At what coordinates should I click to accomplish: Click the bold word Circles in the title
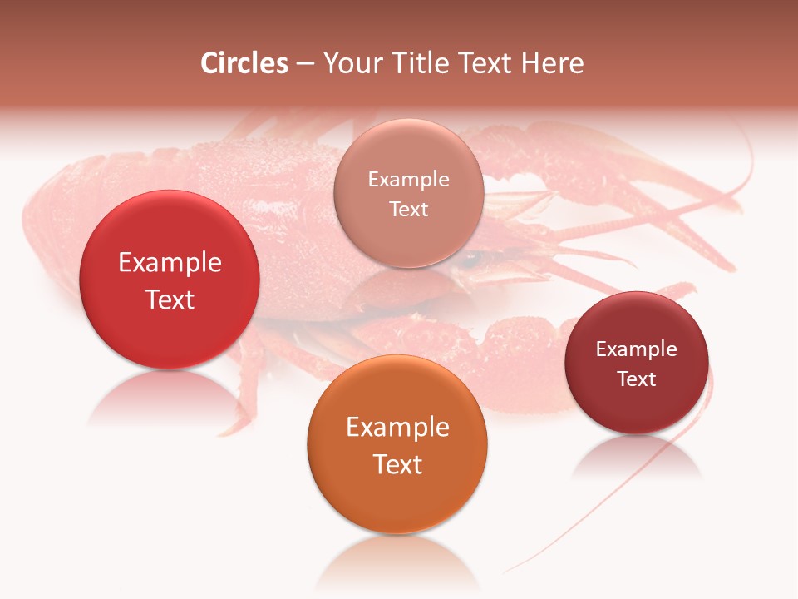pos(244,63)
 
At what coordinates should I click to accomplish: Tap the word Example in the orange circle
pos(397,428)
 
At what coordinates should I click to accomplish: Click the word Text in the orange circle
pos(397,464)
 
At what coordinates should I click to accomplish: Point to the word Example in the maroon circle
pos(636,349)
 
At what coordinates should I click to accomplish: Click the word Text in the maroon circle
pos(636,379)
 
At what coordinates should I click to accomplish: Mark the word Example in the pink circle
pos(408,180)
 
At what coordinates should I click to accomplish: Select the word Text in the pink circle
pos(408,210)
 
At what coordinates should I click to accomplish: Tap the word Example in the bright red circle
pos(170,263)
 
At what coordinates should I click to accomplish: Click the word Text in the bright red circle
pos(170,299)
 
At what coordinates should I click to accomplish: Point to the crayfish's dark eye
pos(474,260)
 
